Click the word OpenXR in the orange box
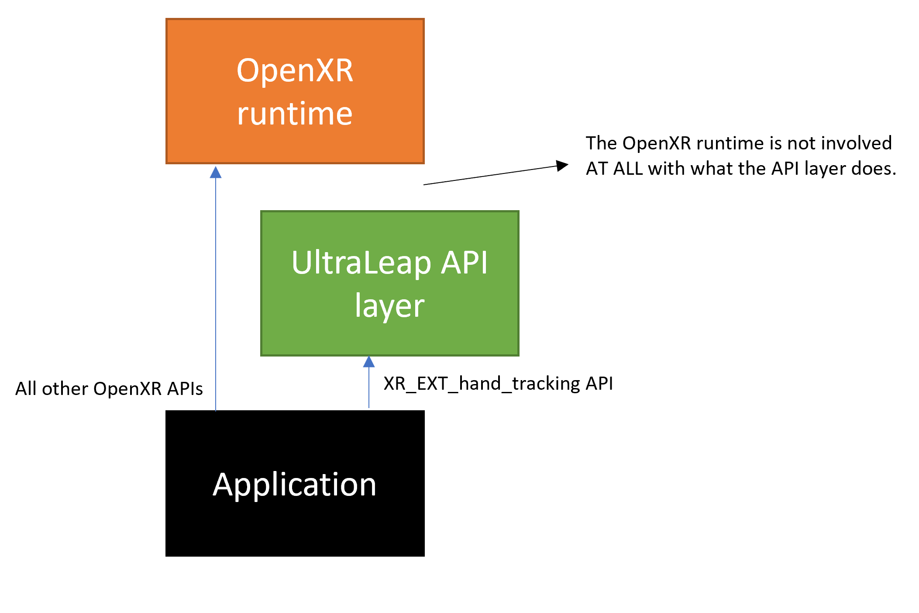[295, 72]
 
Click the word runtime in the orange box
[295, 114]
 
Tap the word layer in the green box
[389, 306]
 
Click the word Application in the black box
[294, 485]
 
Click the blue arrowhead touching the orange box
[216, 172]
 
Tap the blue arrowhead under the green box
[369, 361]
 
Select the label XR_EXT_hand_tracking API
[498, 384]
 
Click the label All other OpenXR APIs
[109, 389]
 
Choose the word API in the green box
[464, 263]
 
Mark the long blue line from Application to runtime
[216, 288]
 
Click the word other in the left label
[65, 389]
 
